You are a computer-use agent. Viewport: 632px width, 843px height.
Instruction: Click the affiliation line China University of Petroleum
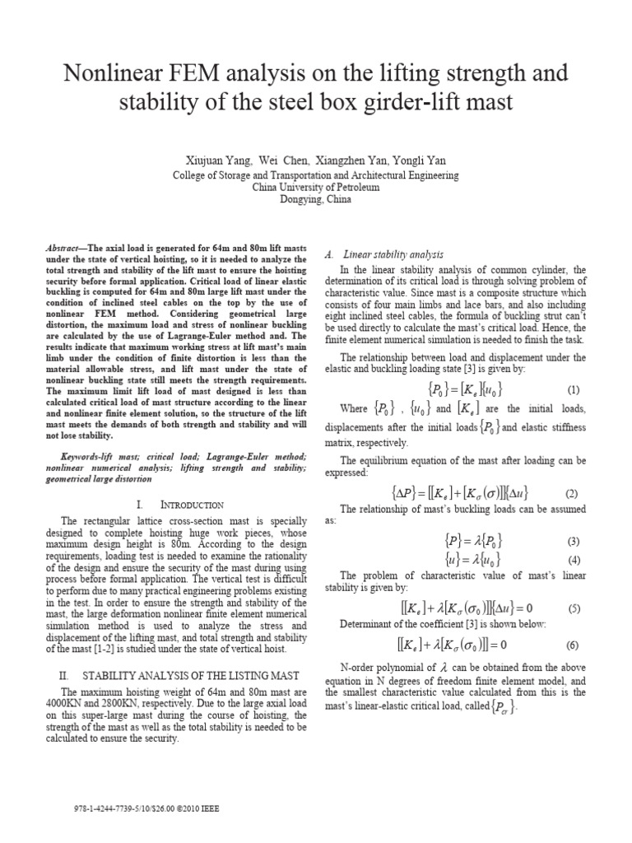tap(316, 187)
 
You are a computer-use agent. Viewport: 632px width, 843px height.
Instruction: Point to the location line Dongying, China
tap(316, 199)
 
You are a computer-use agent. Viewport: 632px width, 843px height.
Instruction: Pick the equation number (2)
tap(574, 493)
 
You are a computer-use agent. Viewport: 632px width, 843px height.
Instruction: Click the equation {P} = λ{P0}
tap(460, 541)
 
